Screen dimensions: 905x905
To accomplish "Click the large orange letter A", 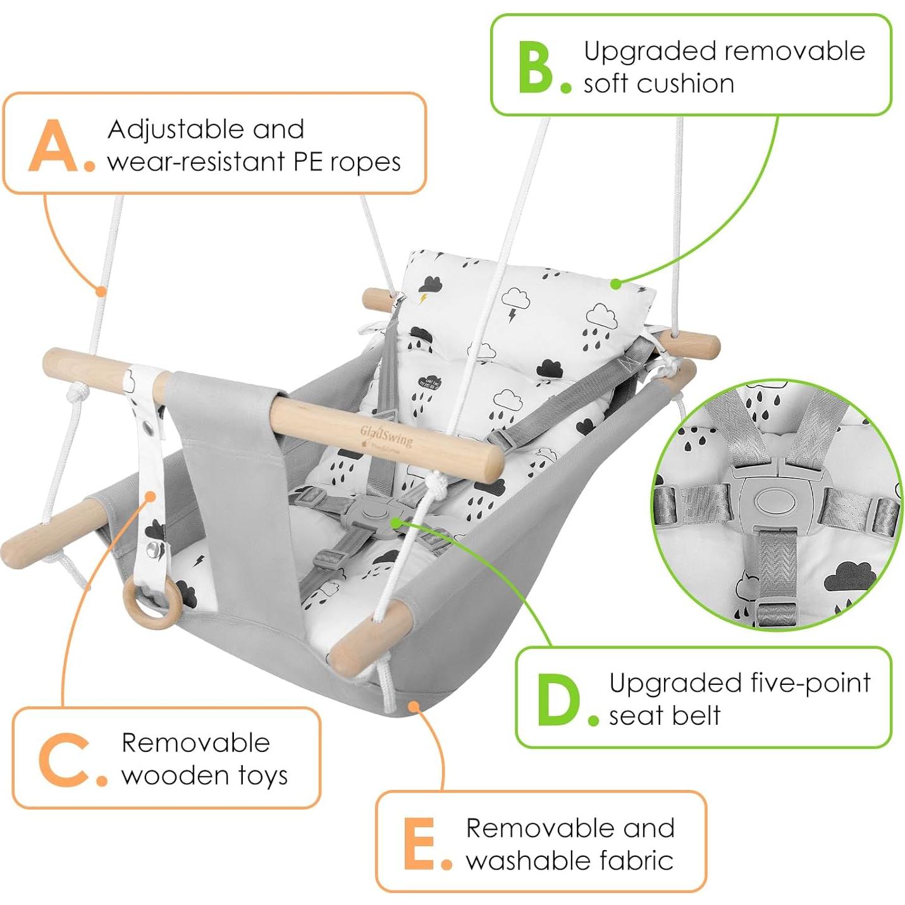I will tap(54, 146).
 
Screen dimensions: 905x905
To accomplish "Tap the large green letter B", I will tap(536, 68).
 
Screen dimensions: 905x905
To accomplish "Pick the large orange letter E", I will tap(419, 844).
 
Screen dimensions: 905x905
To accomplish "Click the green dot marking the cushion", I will tap(615, 285).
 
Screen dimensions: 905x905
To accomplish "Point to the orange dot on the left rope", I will tap(101, 291).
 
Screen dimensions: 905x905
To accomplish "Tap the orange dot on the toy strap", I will tap(151, 496).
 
